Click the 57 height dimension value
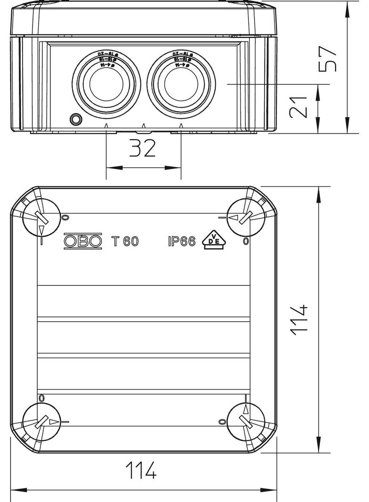[328, 58]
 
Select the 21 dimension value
[299, 107]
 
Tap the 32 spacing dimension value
[143, 148]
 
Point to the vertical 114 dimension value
[299, 320]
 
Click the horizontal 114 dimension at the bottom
[141, 470]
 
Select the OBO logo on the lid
[82, 241]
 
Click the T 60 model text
[125, 241]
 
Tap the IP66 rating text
[181, 241]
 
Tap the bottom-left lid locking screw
[42, 421]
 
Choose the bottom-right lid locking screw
[245, 421]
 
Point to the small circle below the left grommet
[75, 119]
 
